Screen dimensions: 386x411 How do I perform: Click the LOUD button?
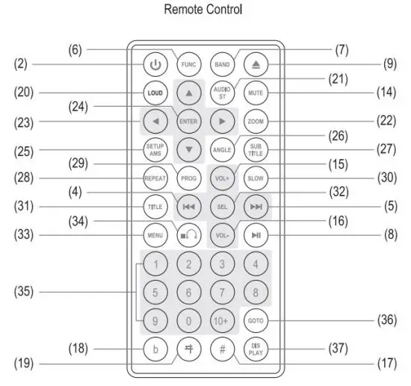click(x=155, y=94)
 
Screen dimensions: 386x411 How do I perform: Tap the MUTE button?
click(x=256, y=94)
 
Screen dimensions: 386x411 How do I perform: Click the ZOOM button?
click(x=256, y=120)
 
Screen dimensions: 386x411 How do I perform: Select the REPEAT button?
click(x=155, y=179)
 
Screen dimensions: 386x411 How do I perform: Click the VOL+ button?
click(x=222, y=179)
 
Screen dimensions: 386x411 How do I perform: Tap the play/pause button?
click(x=256, y=235)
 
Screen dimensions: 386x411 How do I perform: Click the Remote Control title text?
click(x=205, y=10)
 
